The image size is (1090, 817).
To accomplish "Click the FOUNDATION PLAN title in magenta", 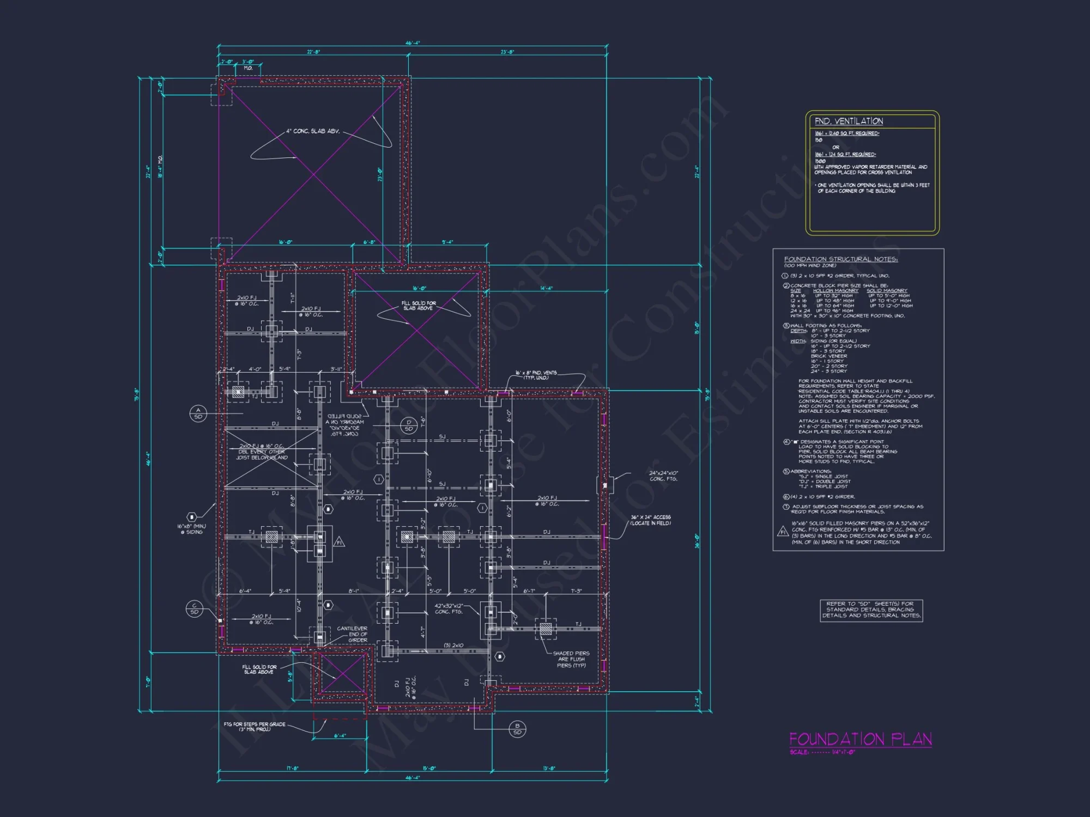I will coord(860,739).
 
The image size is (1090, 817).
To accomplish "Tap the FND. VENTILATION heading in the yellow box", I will coord(849,121).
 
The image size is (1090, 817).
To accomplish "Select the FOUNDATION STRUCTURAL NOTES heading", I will coord(840,259).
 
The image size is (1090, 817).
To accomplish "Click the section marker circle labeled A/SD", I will coord(198,413).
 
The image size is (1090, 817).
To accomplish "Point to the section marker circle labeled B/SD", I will coord(517,729).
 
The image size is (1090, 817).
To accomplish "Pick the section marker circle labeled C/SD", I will coord(195,609).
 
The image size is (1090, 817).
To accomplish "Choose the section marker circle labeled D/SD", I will coord(409,425).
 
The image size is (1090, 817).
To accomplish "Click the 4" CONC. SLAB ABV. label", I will coord(313,131).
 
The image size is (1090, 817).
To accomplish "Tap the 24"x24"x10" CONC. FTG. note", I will coord(663,476).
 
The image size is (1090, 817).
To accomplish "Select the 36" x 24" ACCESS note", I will coord(651,520).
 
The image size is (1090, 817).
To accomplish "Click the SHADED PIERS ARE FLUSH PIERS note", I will coord(571,659).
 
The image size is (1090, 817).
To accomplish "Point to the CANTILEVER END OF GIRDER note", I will coord(352,634).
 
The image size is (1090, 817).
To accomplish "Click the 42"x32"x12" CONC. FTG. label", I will coord(449,608).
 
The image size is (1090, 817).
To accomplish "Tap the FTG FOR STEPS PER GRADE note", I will coord(254,727).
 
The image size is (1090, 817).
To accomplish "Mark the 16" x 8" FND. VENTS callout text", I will coord(536,375).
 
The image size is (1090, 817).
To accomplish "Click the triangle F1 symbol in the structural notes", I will coord(783,531).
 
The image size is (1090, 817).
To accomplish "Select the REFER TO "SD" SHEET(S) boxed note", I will coord(871,609).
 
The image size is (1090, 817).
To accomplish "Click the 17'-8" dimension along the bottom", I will coord(292,769).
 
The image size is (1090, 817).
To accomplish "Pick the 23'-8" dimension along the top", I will coord(507,52).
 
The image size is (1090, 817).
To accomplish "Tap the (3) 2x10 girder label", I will coord(453,645).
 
